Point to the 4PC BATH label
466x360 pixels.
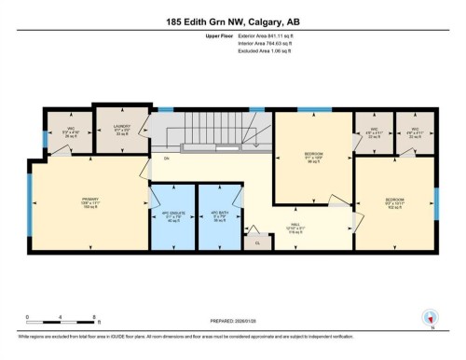(x=220, y=216)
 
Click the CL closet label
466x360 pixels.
(x=258, y=242)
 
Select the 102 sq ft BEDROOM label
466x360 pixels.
(x=394, y=202)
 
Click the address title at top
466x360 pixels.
(x=233, y=19)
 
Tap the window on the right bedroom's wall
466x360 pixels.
(x=436, y=202)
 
